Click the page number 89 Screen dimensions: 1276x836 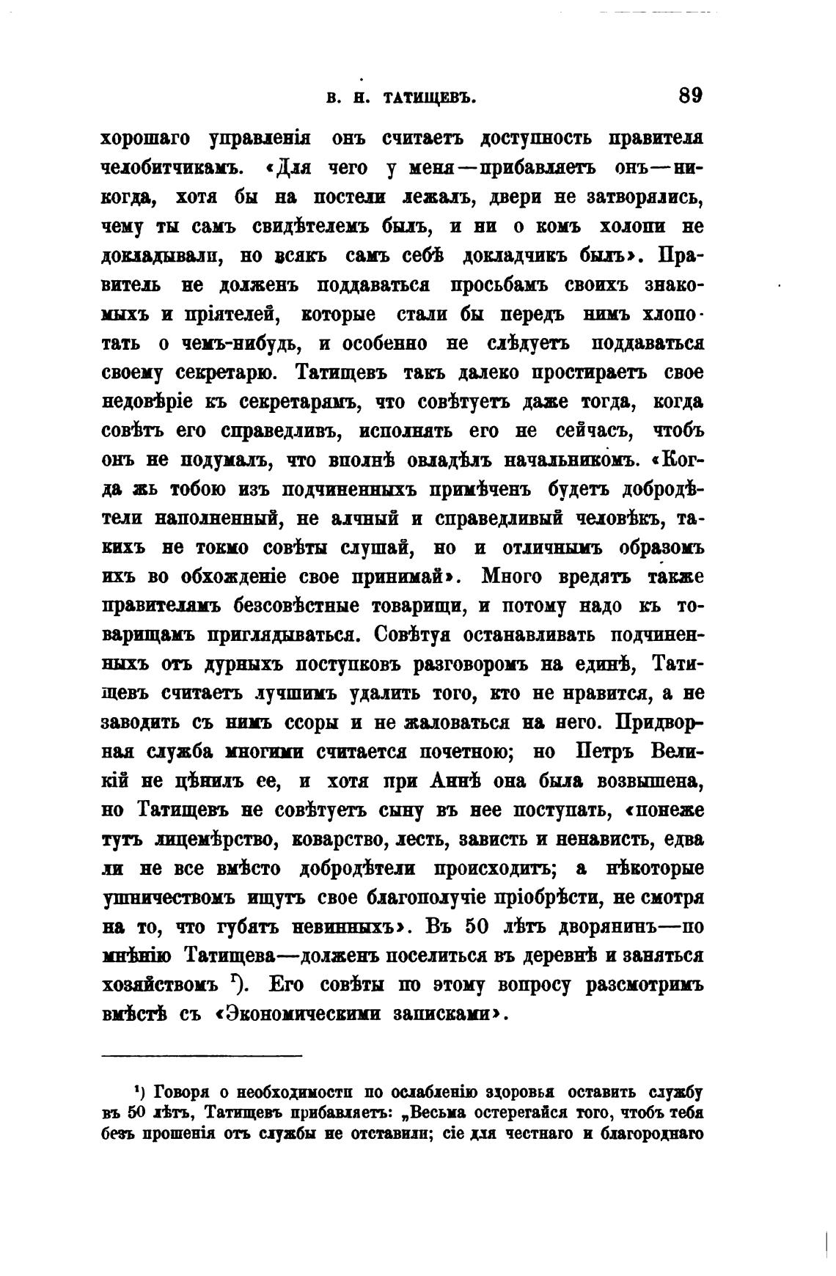(690, 96)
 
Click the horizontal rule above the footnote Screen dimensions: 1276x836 (202, 1056)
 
